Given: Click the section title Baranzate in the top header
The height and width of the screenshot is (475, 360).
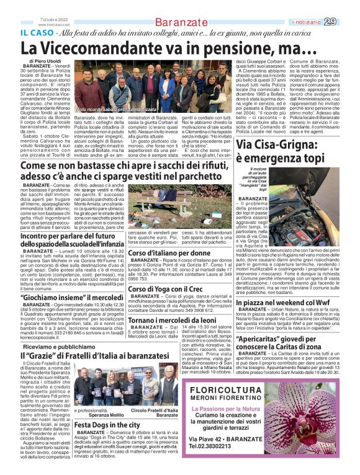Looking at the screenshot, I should pos(179,22).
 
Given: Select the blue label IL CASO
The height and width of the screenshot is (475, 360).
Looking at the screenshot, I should pos(39,33).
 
